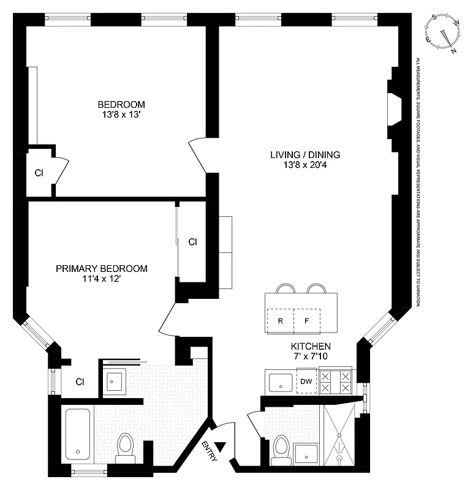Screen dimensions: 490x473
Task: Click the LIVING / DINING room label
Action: click(x=305, y=154)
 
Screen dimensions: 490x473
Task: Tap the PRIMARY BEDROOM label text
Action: click(x=102, y=268)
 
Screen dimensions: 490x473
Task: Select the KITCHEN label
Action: click(x=311, y=345)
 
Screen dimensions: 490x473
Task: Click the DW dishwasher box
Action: click(x=306, y=381)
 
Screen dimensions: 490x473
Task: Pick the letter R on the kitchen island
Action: click(x=280, y=320)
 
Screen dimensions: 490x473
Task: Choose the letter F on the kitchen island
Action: click(x=307, y=320)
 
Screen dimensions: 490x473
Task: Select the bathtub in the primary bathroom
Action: click(x=78, y=434)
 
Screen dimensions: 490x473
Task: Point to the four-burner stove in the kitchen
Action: click(x=336, y=382)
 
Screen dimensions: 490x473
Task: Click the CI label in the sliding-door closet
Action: click(x=192, y=242)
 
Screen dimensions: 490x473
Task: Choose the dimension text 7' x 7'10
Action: click(x=311, y=356)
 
